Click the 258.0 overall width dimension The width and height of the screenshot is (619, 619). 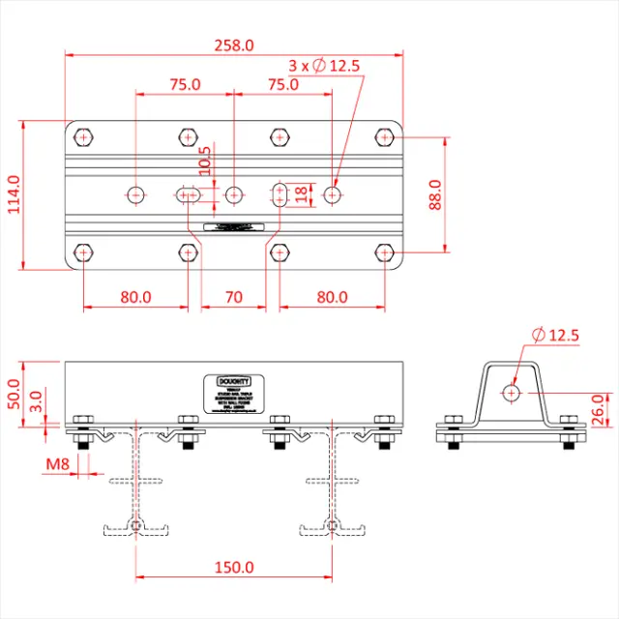[x=234, y=44]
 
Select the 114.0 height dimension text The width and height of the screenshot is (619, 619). [x=13, y=195]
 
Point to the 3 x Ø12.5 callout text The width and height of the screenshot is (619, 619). [x=324, y=66]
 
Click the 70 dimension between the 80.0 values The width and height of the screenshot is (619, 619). [x=232, y=297]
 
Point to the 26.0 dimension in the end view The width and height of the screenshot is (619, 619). [x=599, y=408]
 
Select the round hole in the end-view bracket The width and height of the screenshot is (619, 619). [x=511, y=393]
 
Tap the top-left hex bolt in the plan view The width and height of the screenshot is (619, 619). [x=84, y=137]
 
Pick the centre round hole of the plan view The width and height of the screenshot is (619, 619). [x=233, y=195]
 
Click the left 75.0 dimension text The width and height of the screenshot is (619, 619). [x=184, y=84]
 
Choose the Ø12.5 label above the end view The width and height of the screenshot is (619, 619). [x=555, y=336]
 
